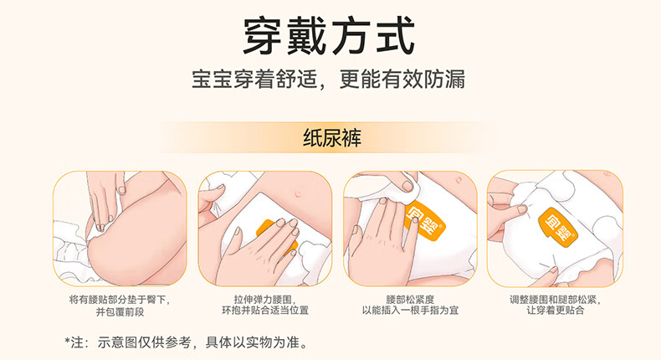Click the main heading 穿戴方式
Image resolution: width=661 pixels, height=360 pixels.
[x=329, y=36]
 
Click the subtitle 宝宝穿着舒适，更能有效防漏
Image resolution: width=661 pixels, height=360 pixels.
[x=328, y=79]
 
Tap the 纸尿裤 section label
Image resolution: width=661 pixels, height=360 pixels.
[x=332, y=137]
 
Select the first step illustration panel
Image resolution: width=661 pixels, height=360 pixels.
[x=120, y=229]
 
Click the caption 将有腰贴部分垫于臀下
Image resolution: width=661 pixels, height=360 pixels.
[x=120, y=300]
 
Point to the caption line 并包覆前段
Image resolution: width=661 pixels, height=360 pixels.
[x=120, y=311]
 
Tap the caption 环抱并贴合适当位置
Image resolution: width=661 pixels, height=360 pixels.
[x=265, y=311]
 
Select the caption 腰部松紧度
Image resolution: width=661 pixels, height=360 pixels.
[x=410, y=300]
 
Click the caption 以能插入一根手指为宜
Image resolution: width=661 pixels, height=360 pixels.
[x=410, y=311]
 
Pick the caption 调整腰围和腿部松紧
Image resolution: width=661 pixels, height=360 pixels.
[x=556, y=300]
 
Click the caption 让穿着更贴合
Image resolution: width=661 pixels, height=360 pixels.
[x=556, y=311]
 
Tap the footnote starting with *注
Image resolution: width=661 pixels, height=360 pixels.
[x=186, y=342]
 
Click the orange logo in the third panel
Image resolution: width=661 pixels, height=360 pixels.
[x=423, y=221]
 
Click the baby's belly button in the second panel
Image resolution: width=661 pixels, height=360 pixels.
[x=299, y=193]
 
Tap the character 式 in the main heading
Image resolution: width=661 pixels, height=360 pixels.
[x=395, y=36]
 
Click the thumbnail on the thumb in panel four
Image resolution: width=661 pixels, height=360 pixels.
[x=522, y=209]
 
